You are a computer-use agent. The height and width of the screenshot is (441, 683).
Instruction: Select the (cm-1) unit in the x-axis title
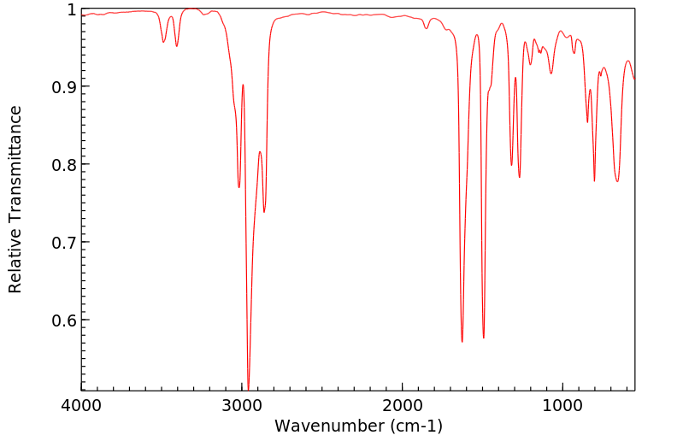(409, 426)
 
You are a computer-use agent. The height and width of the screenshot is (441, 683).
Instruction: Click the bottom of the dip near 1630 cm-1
(462, 342)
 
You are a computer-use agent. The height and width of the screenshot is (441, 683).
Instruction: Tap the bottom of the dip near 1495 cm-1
(484, 338)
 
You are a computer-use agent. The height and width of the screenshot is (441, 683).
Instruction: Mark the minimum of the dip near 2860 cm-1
(264, 212)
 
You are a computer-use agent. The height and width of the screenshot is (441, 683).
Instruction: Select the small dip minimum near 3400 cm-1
(177, 46)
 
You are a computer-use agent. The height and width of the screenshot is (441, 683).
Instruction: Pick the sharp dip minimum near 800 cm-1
(594, 181)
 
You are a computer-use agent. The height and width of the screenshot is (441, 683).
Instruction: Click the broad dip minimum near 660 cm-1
(617, 181)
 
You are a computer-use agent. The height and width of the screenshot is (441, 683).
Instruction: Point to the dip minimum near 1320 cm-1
(511, 166)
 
